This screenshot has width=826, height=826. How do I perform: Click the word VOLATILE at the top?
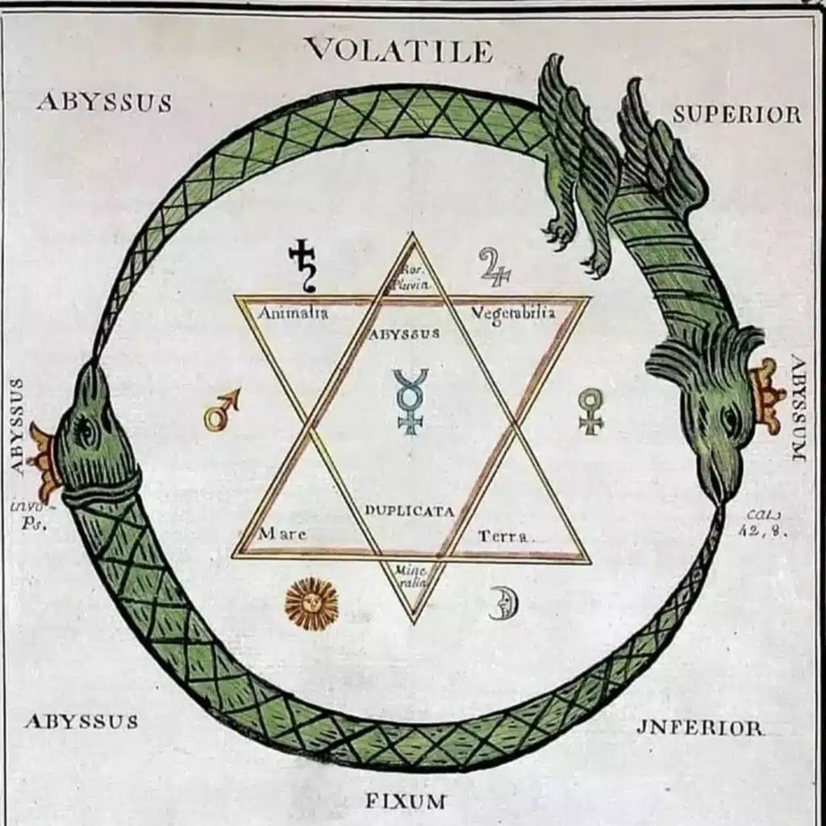pos(398,51)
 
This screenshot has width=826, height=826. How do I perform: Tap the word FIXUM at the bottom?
pos(405,801)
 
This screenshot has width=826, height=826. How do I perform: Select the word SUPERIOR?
pos(737,115)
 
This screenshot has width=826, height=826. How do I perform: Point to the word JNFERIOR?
pos(699,728)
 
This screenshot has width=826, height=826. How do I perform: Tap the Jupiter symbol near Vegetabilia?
pos(494,267)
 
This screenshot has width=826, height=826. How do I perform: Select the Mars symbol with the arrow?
pos(221,410)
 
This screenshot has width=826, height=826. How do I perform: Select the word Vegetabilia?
pos(513,313)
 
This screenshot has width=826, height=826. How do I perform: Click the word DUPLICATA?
pos(409,511)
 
